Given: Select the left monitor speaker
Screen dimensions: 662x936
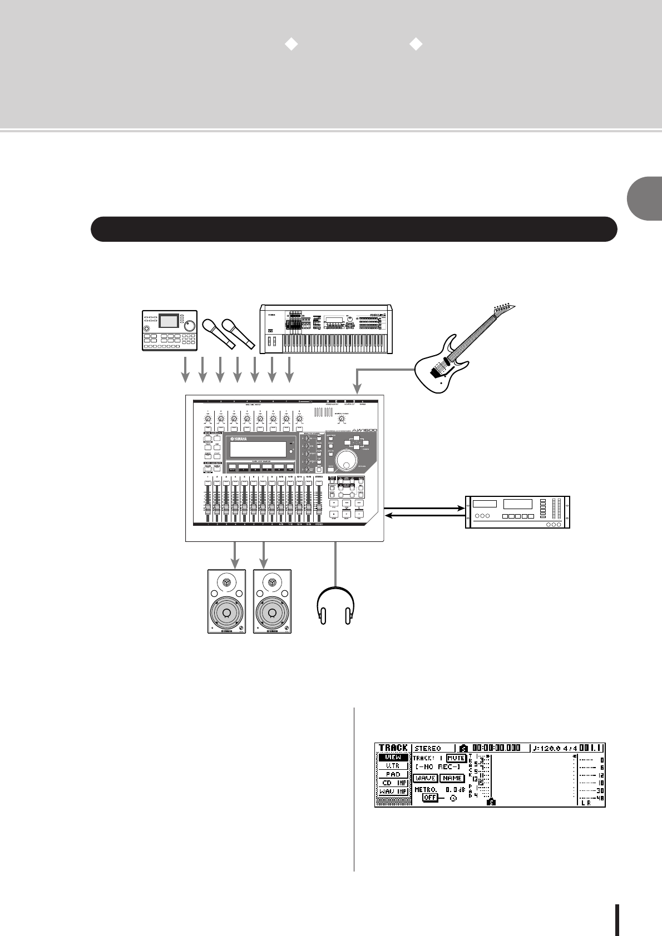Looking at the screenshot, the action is pos(226,601).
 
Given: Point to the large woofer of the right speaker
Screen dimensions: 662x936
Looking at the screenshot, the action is pos(272,614).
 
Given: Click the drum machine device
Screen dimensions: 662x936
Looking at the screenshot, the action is pos(169,330).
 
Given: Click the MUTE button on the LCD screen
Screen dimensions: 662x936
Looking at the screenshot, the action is pos(456,758).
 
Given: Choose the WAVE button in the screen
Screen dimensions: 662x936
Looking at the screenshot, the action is pos(425,778).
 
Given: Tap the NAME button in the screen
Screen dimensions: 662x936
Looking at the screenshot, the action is pos(452,778).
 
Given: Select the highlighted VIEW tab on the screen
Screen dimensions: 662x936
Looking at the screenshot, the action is pos(393,758).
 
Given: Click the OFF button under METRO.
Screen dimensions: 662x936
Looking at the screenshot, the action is pos(429,797).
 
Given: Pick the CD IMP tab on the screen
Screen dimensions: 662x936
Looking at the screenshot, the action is pos(393,783).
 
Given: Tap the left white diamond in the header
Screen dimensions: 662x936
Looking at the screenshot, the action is pos(291,45).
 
